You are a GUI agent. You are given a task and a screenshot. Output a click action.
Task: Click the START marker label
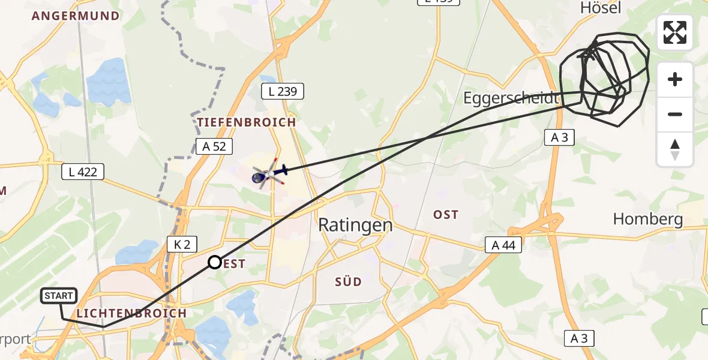click(59, 295)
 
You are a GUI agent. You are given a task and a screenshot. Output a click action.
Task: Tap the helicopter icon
click(268, 174)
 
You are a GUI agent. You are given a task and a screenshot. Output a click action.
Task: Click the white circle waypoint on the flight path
click(214, 262)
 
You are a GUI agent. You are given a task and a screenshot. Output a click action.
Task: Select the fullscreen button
click(674, 32)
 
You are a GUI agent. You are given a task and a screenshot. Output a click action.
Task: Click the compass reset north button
click(674, 149)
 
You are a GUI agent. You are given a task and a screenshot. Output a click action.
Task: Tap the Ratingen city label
click(355, 225)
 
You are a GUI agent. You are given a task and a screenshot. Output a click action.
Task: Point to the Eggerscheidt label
click(511, 98)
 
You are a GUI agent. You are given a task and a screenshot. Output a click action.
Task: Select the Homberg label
click(648, 219)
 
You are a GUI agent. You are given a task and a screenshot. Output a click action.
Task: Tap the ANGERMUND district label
click(76, 16)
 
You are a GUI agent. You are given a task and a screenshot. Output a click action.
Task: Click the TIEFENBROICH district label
click(247, 122)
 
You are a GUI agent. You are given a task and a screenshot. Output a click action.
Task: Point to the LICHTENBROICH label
click(131, 313)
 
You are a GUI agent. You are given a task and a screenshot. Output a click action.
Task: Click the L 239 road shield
click(283, 92)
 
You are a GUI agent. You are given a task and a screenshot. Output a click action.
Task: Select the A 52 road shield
click(214, 146)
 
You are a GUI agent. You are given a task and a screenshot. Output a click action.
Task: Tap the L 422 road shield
click(83, 172)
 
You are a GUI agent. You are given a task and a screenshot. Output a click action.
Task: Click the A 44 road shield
click(503, 245)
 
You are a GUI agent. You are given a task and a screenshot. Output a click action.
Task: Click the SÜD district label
click(348, 281)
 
